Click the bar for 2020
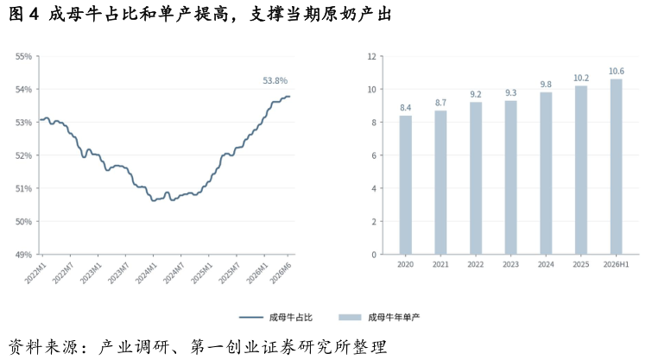tap(405, 185)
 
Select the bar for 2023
tap(510, 178)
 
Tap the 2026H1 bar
tap(616, 167)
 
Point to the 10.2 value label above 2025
tap(581, 79)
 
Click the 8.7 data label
tap(440, 103)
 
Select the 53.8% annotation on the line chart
tap(275, 80)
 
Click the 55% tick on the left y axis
tap(23, 56)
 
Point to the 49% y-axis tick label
tap(23, 255)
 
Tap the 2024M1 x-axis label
tap(146, 273)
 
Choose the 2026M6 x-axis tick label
tap(281, 273)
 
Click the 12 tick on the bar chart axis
tap(371, 56)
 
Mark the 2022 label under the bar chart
tap(475, 264)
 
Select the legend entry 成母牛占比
tap(275, 318)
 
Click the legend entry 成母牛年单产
tap(379, 318)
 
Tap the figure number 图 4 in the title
tap(23, 15)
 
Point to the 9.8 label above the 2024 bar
tap(546, 85)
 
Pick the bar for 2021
tap(440, 182)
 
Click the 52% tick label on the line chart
tap(23, 155)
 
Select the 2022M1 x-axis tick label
tap(35, 273)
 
